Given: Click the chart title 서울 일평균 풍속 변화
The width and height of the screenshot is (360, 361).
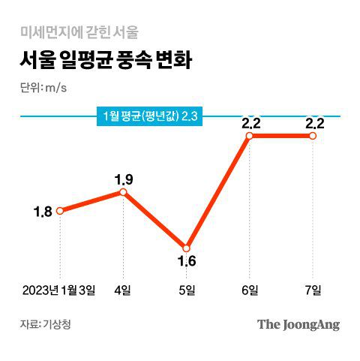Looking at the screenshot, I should click(x=106, y=60).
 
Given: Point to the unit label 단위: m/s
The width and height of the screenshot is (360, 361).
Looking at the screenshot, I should click(x=43, y=87).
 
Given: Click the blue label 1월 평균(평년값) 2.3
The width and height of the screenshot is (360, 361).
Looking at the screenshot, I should click(x=153, y=116).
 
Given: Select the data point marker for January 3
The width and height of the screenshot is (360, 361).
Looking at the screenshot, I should click(x=60, y=211).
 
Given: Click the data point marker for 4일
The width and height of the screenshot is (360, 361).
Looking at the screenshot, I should click(x=123, y=192).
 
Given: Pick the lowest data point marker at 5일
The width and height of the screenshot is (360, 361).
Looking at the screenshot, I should click(x=186, y=248).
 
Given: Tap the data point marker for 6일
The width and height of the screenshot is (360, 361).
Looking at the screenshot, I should click(x=250, y=136).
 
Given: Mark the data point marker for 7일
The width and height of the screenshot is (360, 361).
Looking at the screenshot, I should click(x=313, y=136).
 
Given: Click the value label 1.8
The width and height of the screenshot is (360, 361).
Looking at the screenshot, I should click(x=42, y=212).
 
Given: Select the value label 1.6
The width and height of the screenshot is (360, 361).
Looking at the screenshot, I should click(x=186, y=262).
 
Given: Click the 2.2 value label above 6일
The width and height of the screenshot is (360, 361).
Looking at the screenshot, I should click(x=250, y=122).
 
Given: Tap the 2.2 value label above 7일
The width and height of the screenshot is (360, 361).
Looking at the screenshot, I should click(x=314, y=122).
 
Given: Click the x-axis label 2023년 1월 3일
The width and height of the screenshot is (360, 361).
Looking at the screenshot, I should click(x=59, y=290).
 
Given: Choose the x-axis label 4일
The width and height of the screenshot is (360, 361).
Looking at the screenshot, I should click(x=123, y=290).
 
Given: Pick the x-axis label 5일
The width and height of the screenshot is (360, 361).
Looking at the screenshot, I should click(x=186, y=290).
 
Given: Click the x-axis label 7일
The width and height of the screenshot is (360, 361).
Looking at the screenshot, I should click(x=313, y=290).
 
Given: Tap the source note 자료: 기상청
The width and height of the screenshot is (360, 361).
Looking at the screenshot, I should click(x=49, y=325).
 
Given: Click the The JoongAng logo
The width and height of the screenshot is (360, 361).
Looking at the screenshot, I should click(x=298, y=325).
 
